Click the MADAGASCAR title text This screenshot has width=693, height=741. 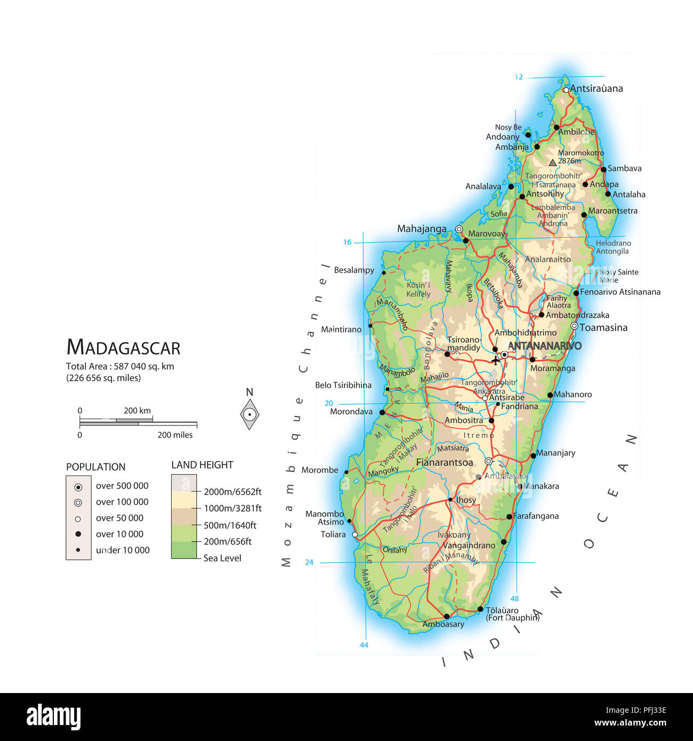tap(123, 348)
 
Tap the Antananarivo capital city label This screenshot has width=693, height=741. tap(544, 346)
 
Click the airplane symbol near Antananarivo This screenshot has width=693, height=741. tap(496, 360)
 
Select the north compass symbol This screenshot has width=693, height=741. tap(249, 414)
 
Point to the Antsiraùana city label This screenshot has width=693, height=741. tap(596, 88)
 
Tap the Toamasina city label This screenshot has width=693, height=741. tap(603, 327)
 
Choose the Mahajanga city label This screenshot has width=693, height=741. tap(422, 229)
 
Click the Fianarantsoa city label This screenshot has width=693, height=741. tap(444, 462)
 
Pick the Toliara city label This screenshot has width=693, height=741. tap(333, 534)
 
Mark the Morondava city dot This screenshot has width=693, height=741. tap(382, 413)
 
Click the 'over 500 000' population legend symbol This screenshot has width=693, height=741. tap(78, 487)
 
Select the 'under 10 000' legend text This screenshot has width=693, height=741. tap(123, 550)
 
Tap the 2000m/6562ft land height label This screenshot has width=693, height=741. tap(232, 492)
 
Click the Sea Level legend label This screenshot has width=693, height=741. tap(222, 558)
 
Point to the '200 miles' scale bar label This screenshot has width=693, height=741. tap(175, 435)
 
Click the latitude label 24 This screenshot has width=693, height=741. tap(309, 562)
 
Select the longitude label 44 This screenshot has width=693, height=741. tap(364, 645)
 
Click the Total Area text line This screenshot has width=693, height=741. tap(120, 366)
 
